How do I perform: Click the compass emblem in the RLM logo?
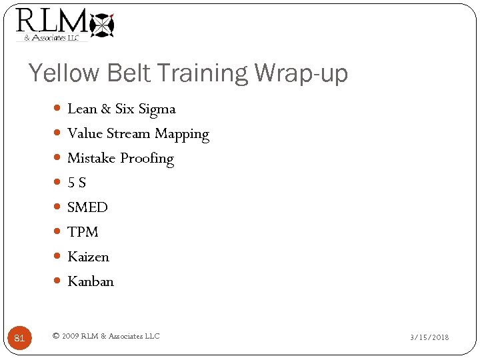tap(102, 25)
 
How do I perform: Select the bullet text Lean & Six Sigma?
tap(121, 109)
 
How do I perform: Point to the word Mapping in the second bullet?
tap(182, 134)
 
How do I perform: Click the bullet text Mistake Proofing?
tap(121, 159)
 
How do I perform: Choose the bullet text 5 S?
tap(77, 183)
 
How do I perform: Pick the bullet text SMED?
tap(87, 207)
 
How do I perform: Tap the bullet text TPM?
tap(83, 232)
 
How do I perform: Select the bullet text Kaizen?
tap(88, 257)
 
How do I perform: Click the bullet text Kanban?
tap(91, 281)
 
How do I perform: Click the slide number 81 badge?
tap(19, 338)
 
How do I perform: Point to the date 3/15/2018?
tap(429, 337)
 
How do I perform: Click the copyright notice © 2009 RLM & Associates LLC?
tap(106, 336)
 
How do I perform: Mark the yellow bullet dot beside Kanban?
tap(57, 281)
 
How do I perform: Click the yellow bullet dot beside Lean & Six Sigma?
tap(57, 109)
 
